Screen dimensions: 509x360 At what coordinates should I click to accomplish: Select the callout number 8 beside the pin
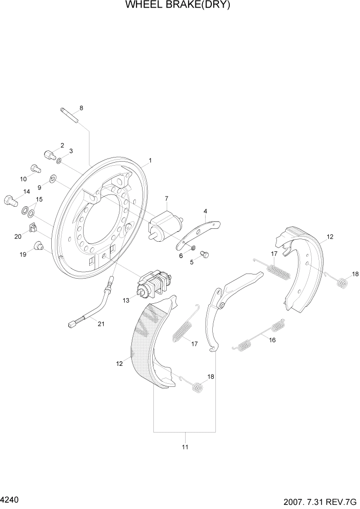[x=81, y=108]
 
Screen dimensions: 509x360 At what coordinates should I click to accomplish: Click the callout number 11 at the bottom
[x=185, y=447]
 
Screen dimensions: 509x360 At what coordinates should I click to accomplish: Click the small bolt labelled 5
[x=204, y=253]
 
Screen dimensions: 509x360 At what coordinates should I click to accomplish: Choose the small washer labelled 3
[x=60, y=161]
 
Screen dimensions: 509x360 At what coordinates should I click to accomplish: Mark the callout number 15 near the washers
[x=39, y=200]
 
